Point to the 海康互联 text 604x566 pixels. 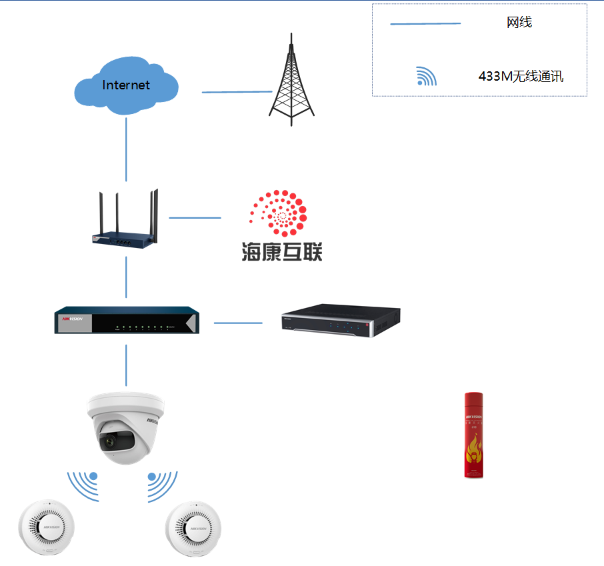click(281, 251)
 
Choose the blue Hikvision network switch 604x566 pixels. click(126, 321)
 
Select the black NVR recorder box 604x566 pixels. click(340, 321)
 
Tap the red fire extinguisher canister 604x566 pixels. click(473, 435)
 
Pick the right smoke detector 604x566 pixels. click(193, 527)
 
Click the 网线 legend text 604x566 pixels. click(519, 23)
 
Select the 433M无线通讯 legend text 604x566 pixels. click(521, 76)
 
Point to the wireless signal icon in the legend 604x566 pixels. click(425, 77)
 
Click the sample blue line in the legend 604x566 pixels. click(425, 24)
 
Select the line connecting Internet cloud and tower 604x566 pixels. click(237, 92)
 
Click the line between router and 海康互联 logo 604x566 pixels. click(195, 217)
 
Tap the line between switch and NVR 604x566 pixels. click(238, 323)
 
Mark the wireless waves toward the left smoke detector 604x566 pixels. click(84, 485)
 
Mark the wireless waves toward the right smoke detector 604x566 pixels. click(162, 485)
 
